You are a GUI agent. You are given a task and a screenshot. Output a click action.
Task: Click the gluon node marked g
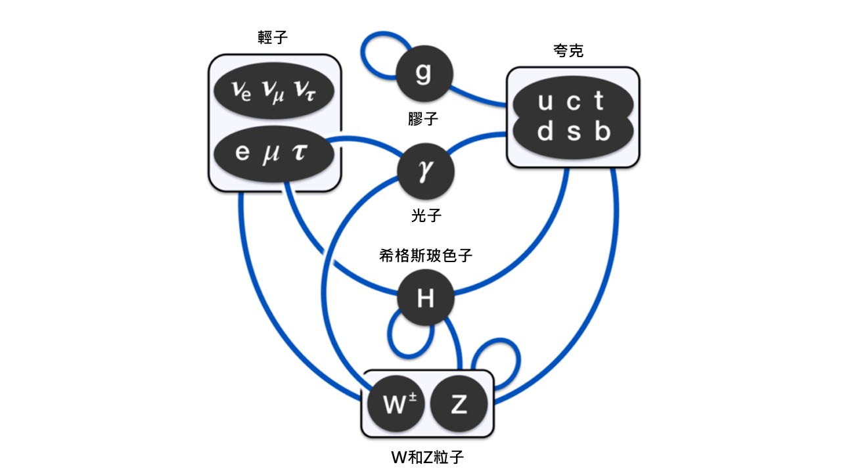point(424,73)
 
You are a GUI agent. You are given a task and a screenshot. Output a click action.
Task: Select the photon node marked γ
point(426,171)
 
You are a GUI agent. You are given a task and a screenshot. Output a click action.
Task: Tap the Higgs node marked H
point(426,298)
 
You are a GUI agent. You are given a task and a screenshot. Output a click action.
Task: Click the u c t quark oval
point(571,102)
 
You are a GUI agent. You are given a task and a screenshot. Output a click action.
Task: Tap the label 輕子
point(273,37)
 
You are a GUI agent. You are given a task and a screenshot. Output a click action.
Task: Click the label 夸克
point(568,51)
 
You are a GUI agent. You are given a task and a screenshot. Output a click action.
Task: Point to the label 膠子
point(423,119)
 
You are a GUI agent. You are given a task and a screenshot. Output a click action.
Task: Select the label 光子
point(425,215)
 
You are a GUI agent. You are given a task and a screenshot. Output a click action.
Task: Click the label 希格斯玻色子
point(425,256)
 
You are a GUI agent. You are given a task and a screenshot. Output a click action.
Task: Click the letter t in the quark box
point(599,102)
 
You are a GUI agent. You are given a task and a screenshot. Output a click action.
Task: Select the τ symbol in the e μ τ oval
point(304,153)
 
